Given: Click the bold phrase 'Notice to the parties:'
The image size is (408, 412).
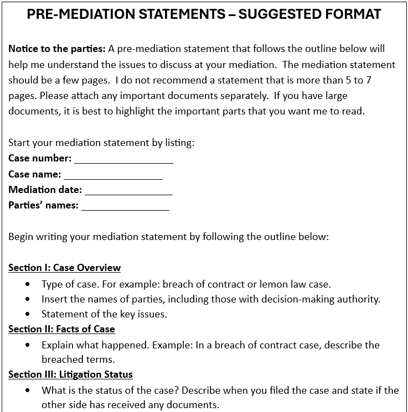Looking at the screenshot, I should [x=57, y=49].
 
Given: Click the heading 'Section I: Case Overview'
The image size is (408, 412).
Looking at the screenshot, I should [x=64, y=268].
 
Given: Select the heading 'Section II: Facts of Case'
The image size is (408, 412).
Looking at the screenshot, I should [x=61, y=329].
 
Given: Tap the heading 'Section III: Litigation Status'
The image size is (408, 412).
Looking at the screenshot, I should [x=70, y=374].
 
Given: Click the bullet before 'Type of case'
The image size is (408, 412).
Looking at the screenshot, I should [x=28, y=284].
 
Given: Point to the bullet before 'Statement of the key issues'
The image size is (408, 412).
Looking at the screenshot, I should [x=28, y=314].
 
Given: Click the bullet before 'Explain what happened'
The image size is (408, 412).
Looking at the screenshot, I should [x=28, y=345].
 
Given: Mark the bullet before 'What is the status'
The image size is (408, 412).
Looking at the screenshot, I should [x=28, y=390].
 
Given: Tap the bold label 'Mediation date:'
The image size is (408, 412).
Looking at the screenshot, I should [x=45, y=190].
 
